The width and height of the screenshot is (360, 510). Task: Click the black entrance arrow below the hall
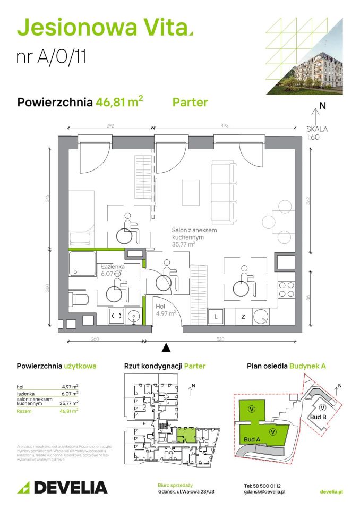pos(166,347)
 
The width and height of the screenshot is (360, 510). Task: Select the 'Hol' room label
pos(161,307)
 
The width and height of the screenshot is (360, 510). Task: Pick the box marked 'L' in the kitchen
pos(216,317)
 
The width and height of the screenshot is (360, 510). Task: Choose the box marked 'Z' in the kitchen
pos(243,317)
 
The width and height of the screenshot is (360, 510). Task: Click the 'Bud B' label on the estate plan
pos(317,417)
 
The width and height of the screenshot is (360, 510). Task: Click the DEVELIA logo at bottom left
pos(62,487)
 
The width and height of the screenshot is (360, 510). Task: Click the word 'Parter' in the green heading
pos(190,102)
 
